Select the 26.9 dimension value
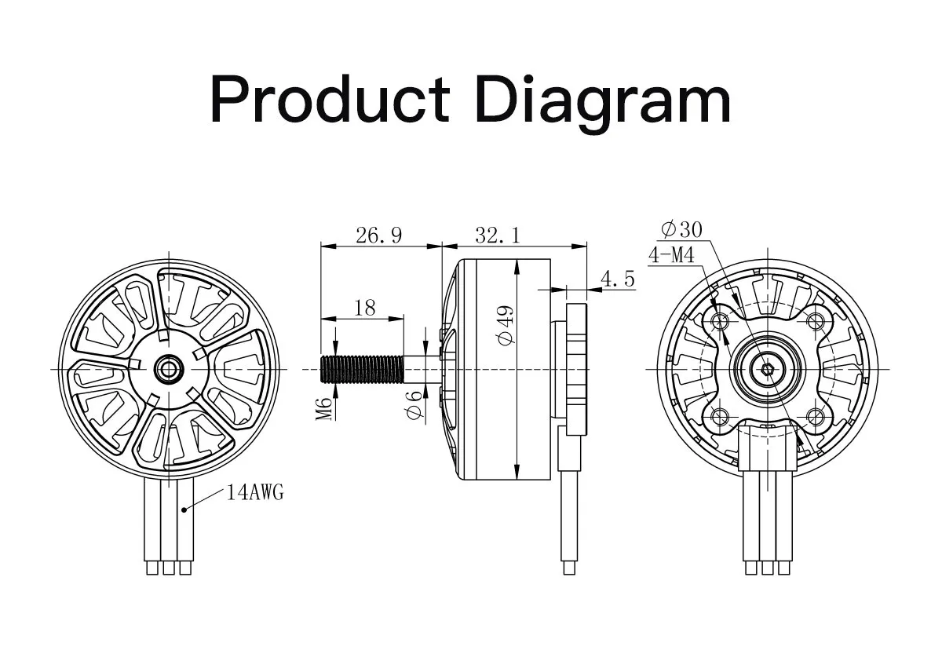point(378,235)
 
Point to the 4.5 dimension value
point(617,279)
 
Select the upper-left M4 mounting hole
point(720,320)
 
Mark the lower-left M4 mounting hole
point(720,416)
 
